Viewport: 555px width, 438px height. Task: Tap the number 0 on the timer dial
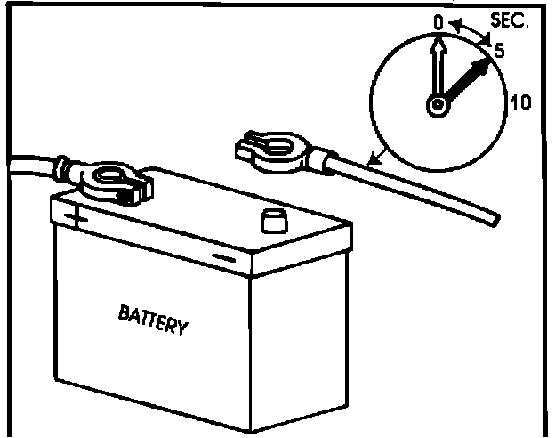point(438,20)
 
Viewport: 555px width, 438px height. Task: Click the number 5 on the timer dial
point(499,52)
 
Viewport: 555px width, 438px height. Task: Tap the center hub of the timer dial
point(438,106)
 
